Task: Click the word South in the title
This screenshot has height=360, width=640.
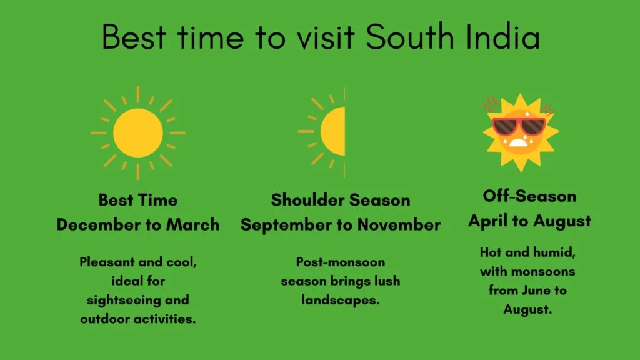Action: (409, 37)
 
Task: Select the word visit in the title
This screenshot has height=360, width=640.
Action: (326, 37)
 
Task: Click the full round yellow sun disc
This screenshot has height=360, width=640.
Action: (138, 132)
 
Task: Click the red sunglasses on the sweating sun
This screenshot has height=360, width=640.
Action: (519, 126)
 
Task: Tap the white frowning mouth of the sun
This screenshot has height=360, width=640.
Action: (518, 142)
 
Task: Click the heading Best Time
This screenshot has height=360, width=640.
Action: (138, 200)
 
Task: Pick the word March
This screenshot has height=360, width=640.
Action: (192, 225)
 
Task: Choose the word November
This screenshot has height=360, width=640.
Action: (399, 225)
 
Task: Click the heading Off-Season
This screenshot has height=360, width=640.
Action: (530, 196)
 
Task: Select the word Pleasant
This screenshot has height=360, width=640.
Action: (107, 262)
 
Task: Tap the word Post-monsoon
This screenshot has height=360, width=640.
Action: (341, 262)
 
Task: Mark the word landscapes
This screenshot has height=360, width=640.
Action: (341, 301)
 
